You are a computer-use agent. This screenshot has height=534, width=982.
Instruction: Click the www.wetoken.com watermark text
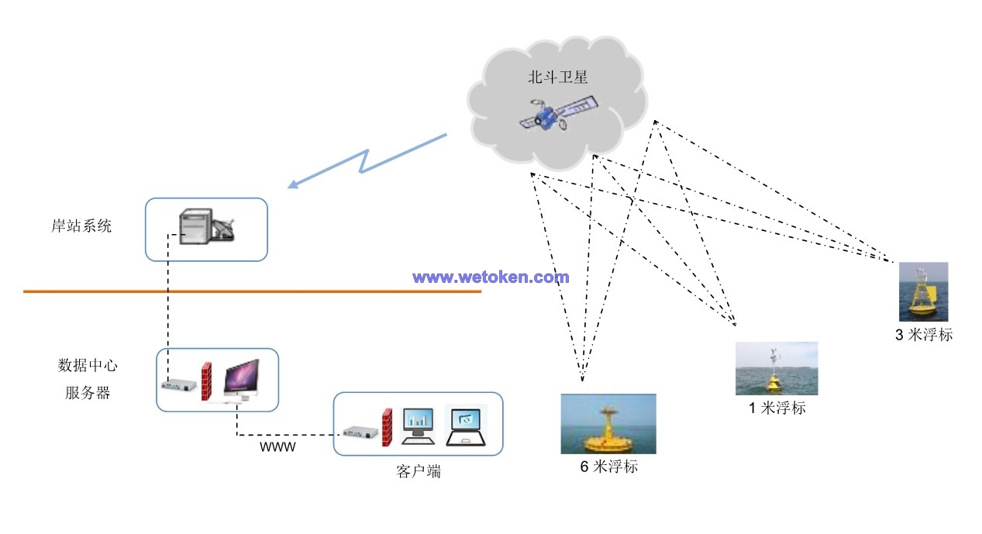pos(491,277)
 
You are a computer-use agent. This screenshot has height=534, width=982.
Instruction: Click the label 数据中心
pos(88,365)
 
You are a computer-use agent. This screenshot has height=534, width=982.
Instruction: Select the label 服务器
pos(88,392)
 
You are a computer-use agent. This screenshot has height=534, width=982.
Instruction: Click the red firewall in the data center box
pos(207,381)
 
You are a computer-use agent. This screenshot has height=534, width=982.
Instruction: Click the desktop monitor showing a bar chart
pos(419,424)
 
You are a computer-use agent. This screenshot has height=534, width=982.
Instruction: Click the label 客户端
pos(419,470)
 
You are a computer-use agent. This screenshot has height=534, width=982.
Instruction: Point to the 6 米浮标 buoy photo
pos(608,424)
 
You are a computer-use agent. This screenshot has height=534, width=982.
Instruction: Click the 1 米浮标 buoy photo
pos(776,368)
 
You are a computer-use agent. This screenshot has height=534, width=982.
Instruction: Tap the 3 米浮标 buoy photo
pos(923,292)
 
